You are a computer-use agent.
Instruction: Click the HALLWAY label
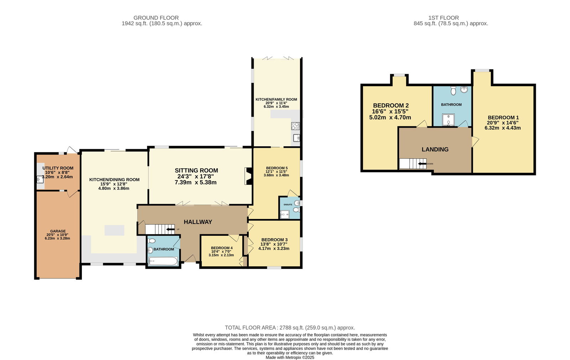pos(198,222)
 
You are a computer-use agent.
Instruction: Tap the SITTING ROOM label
pos(196,171)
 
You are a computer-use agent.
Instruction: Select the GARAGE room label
pos(58,231)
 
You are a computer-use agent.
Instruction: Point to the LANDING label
pos(435,149)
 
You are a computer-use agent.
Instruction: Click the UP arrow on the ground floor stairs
pos(171,229)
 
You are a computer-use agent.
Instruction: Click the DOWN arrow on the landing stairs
pos(423,163)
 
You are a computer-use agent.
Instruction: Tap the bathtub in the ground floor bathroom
pos(163,261)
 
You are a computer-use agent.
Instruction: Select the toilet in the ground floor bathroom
pos(152,241)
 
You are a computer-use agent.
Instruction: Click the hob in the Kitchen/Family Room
pos(295,126)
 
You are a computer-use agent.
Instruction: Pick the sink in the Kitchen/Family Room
pos(296,138)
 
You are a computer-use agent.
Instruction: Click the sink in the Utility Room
pos(40,179)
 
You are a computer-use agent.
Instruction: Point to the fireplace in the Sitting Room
pos(248,176)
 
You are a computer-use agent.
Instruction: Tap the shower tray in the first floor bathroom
pos(449,120)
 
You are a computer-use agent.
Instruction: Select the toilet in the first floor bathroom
pos(453,90)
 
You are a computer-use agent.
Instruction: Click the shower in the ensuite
pos(285,214)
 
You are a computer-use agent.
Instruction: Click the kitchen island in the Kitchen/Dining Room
pos(114,230)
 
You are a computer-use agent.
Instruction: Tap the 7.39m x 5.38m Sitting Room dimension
pos(196,182)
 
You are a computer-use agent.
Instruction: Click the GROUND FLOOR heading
pos(156,18)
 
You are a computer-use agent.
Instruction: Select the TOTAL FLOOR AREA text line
pos(290,328)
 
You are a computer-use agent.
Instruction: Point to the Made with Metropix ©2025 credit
pos(290,358)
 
